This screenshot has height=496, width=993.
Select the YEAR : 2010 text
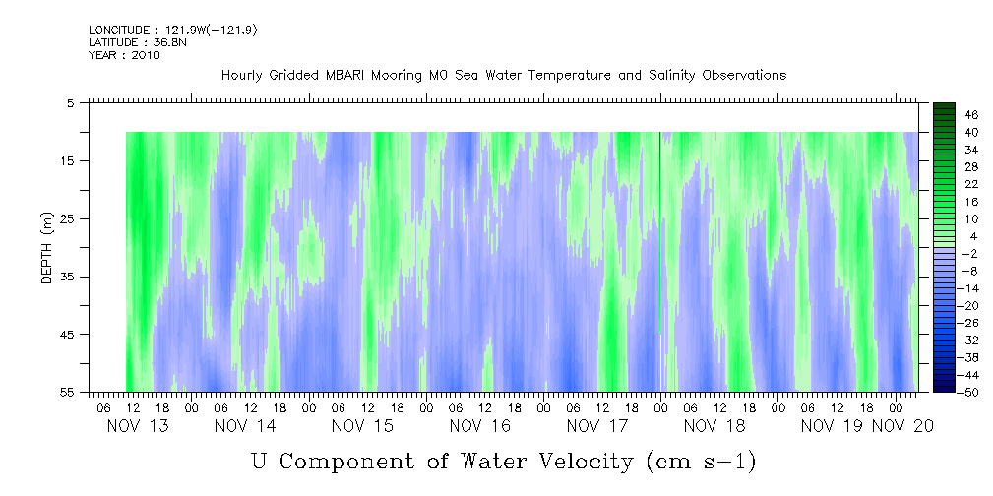pyautogui.click(x=124, y=55)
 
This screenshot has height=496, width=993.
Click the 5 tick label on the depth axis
pyautogui.click(x=71, y=102)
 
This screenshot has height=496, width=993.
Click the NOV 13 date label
pyautogui.click(x=137, y=426)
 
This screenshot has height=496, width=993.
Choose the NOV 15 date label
pyautogui.click(x=363, y=426)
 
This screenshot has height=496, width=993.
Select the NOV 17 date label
pyautogui.click(x=598, y=426)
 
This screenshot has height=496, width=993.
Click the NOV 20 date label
pyautogui.click(x=905, y=426)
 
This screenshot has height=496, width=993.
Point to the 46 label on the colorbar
pyautogui.click(x=945, y=114)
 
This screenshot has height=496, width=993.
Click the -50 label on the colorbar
pyautogui.click(x=943, y=393)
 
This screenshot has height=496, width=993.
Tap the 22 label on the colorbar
pyautogui.click(x=945, y=184)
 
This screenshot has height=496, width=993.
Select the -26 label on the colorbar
pyautogui.click(x=943, y=323)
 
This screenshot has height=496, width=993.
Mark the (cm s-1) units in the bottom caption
pyautogui.click(x=700, y=461)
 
